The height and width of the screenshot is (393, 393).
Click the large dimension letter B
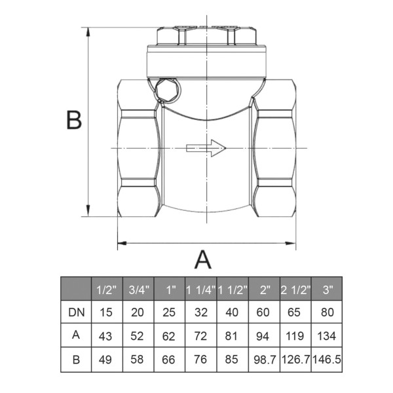click(x=74, y=121)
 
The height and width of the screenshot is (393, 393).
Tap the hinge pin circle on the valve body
click(x=166, y=88)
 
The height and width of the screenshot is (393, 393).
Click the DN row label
click(x=75, y=313)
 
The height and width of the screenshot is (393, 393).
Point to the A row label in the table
click(x=75, y=336)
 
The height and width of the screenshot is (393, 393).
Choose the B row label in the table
click(x=75, y=360)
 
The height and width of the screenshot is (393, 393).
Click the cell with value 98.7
click(x=264, y=360)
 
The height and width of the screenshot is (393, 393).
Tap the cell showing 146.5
click(x=327, y=360)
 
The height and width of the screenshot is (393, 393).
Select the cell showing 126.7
click(x=296, y=360)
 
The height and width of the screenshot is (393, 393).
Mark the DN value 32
click(x=200, y=313)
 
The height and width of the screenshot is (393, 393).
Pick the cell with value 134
click(x=327, y=336)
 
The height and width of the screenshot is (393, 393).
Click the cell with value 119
click(x=296, y=336)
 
